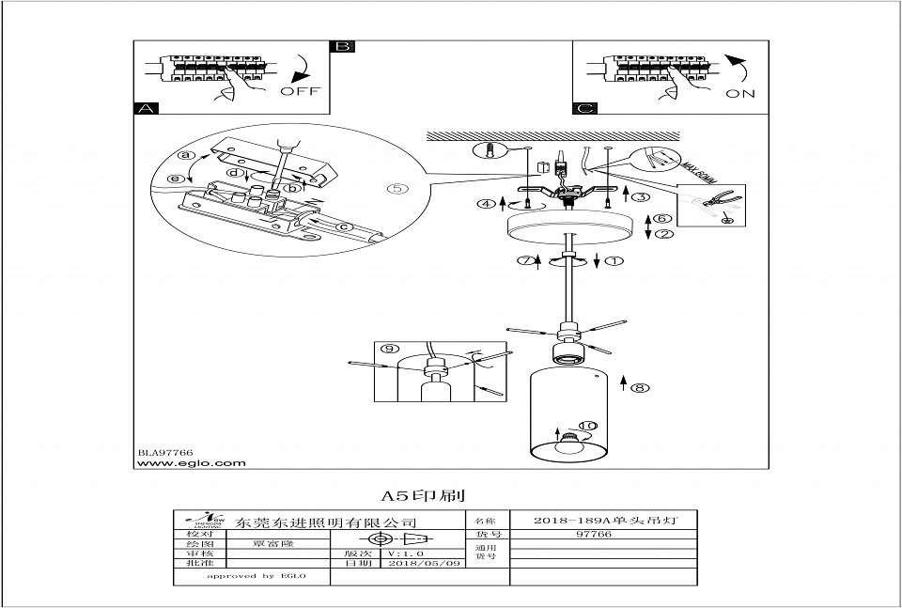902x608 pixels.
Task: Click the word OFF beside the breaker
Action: click(x=300, y=92)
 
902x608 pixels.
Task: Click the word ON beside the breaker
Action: click(x=739, y=95)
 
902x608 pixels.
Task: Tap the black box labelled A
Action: click(x=146, y=108)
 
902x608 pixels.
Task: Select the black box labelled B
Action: click(x=343, y=47)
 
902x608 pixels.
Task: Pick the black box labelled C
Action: click(x=585, y=108)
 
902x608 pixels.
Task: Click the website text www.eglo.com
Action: click(x=192, y=462)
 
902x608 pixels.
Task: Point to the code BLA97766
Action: click(x=165, y=452)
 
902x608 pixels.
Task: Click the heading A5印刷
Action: click(x=423, y=494)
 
